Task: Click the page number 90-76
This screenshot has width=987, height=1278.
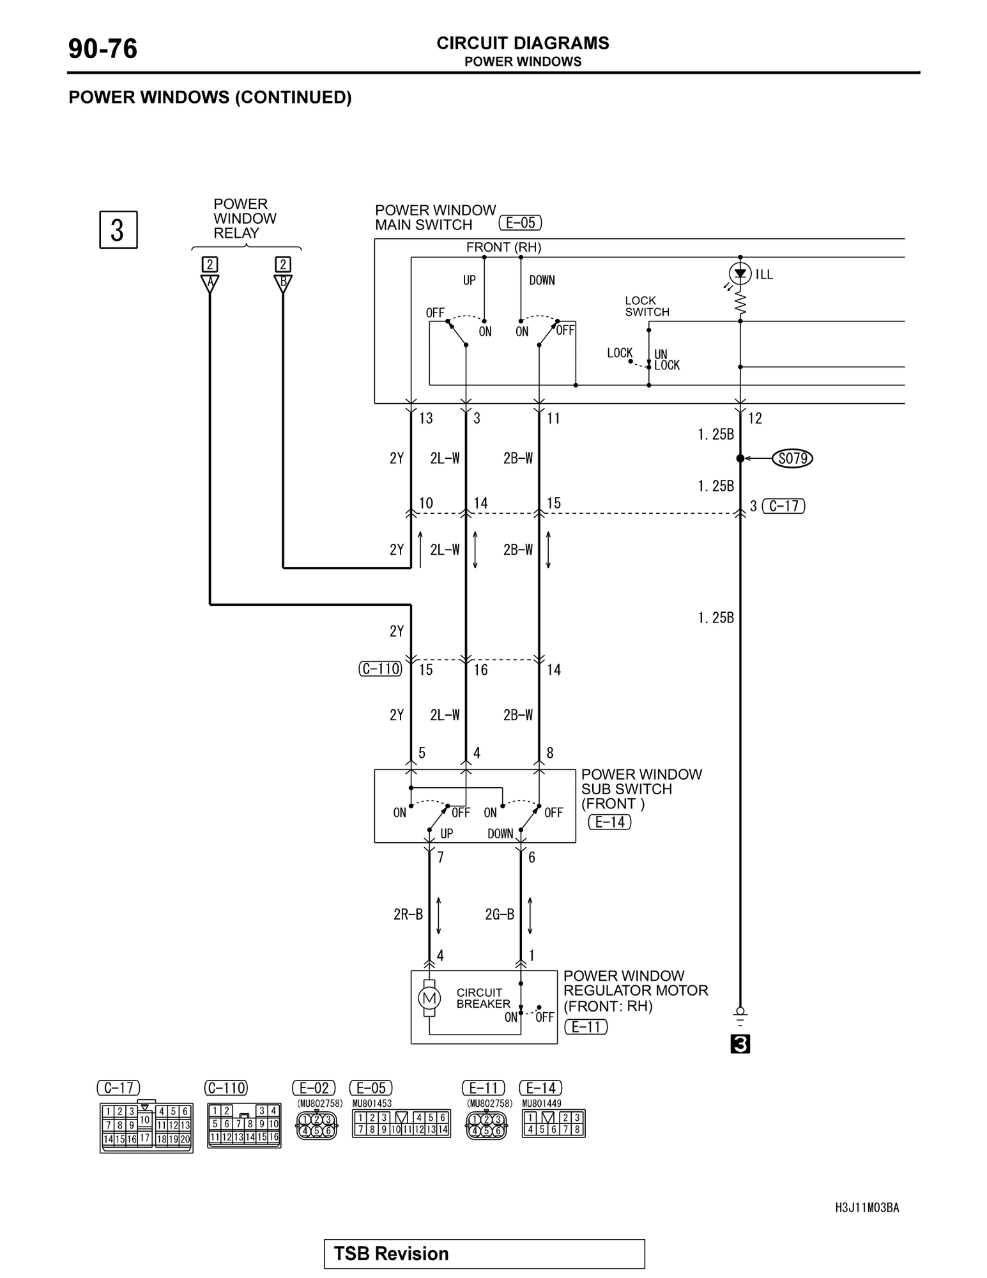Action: [103, 49]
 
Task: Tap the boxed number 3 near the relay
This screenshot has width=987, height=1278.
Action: [118, 230]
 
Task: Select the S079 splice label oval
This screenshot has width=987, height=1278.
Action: [792, 458]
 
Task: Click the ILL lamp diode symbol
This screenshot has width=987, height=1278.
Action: [740, 274]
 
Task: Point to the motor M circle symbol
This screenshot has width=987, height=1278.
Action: [429, 997]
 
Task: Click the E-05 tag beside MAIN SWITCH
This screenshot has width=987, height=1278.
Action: [520, 223]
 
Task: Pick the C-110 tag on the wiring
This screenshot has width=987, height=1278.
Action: [381, 669]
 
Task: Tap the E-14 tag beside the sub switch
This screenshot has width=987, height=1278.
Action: [609, 822]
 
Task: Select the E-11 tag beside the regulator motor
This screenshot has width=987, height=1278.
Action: [586, 1027]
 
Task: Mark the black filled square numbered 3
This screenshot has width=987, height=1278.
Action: [740, 1044]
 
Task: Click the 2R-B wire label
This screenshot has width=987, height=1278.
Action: [408, 914]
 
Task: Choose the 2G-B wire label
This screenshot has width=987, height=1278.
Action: [500, 914]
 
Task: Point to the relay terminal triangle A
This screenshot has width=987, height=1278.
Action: [210, 283]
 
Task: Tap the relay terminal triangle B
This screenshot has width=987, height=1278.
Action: [283, 283]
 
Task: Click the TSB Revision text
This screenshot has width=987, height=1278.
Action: [391, 1253]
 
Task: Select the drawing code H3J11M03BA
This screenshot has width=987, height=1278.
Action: [867, 1207]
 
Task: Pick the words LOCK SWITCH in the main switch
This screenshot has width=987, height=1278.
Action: [647, 306]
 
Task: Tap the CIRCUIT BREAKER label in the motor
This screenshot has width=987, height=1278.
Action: [483, 998]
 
